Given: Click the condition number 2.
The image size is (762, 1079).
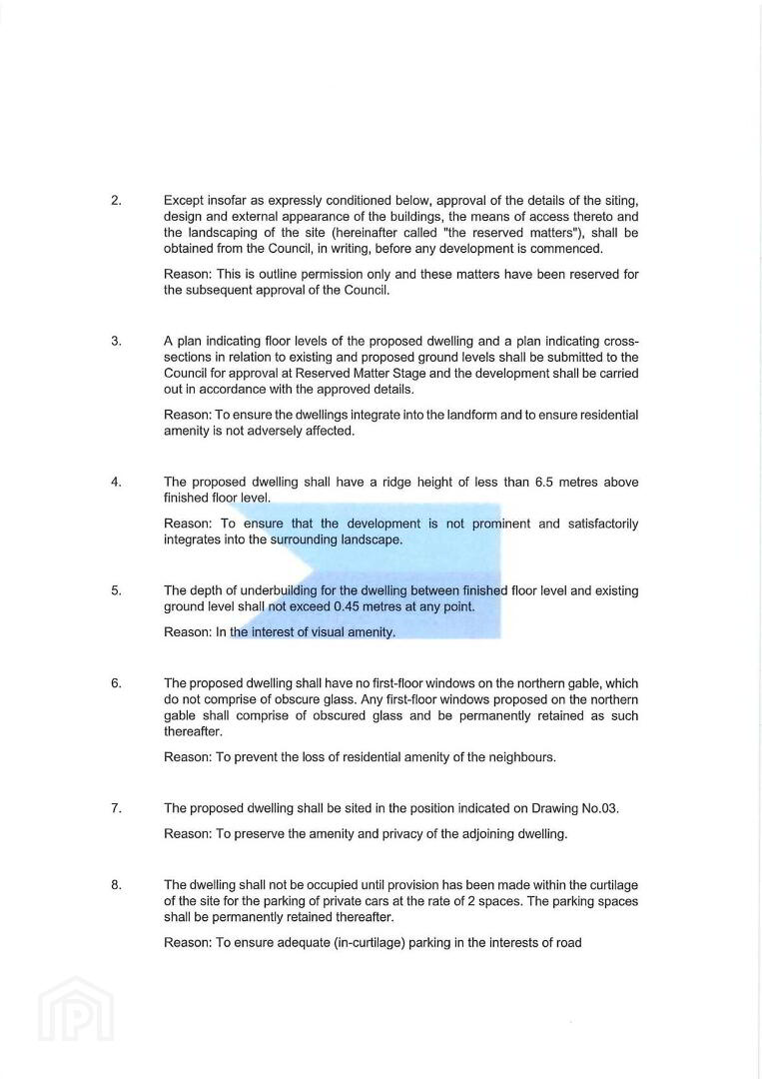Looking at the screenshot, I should [116, 201].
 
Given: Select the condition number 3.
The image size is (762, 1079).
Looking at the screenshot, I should [116, 341].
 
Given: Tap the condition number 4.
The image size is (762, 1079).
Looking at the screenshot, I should [116, 482].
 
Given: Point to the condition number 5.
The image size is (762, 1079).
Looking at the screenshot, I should [116, 590].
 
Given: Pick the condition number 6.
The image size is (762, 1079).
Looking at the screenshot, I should [116, 683].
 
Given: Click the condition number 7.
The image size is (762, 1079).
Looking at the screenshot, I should [116, 808].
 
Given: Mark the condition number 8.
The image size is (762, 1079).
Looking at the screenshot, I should [116, 885].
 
